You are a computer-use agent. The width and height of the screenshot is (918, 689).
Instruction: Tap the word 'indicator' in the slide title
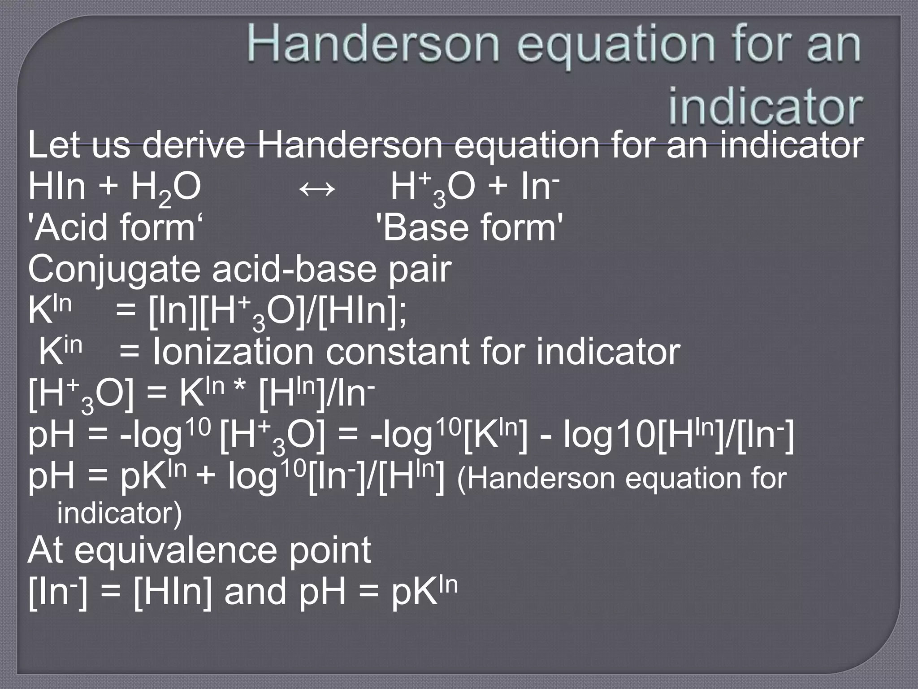pos(765,108)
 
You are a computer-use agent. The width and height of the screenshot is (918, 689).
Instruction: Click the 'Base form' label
pos(469,227)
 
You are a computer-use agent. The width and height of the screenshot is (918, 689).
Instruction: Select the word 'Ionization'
pos(233,352)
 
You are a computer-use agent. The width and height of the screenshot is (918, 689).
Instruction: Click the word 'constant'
pos(397,352)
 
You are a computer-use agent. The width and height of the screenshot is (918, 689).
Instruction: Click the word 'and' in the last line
pos(255,591)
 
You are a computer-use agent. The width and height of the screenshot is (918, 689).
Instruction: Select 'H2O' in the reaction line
pos(166,188)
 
